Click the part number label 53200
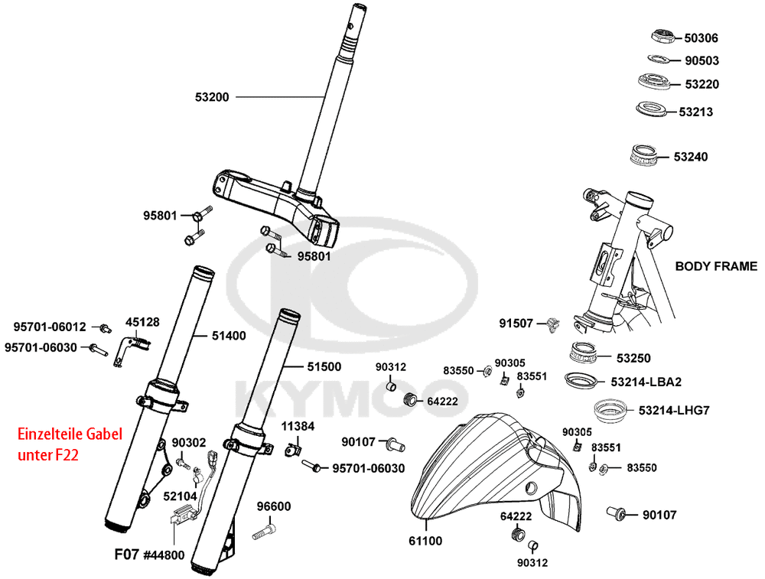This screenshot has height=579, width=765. [212, 97]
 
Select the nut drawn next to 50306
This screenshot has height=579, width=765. [662, 36]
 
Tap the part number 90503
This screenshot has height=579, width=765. [701, 60]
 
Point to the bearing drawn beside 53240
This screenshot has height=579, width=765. [647, 155]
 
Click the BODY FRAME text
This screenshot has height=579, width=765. [716, 266]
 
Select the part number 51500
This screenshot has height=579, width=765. [324, 366]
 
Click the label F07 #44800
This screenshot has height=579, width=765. [149, 555]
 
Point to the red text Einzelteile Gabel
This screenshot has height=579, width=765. [70, 435]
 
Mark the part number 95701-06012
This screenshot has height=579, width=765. [50, 327]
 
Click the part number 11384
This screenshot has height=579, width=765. [297, 425]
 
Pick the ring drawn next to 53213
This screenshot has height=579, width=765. [653, 109]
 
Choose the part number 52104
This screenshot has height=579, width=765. [179, 496]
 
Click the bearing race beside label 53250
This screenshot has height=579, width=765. [587, 354]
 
